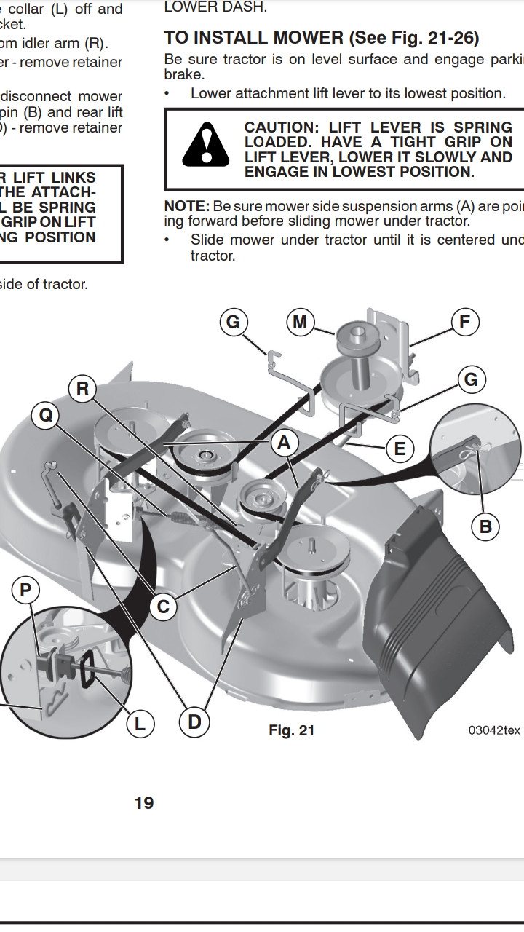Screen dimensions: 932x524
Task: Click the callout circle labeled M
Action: point(300,322)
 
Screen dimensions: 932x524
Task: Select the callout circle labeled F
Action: point(464,322)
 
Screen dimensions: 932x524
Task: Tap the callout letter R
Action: point(82,389)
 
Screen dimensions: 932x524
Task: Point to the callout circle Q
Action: point(46,416)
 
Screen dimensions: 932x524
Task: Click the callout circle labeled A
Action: point(283,443)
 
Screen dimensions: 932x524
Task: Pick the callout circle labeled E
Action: point(399,449)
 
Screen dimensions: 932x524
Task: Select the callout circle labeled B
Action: point(485,526)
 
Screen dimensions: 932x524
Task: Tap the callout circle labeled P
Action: point(25,590)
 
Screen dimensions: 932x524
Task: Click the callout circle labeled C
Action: point(163,607)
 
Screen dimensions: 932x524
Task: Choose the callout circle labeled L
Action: point(140,723)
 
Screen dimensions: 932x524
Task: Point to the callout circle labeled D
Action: point(194,722)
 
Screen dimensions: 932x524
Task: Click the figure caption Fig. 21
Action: point(291,730)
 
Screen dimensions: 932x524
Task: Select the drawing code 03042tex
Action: point(494,730)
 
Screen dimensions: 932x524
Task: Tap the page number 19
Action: point(144,802)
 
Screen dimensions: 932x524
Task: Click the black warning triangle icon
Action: point(206,145)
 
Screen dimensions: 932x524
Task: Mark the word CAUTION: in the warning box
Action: point(279,127)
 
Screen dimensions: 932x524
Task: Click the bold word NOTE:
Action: point(187,206)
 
